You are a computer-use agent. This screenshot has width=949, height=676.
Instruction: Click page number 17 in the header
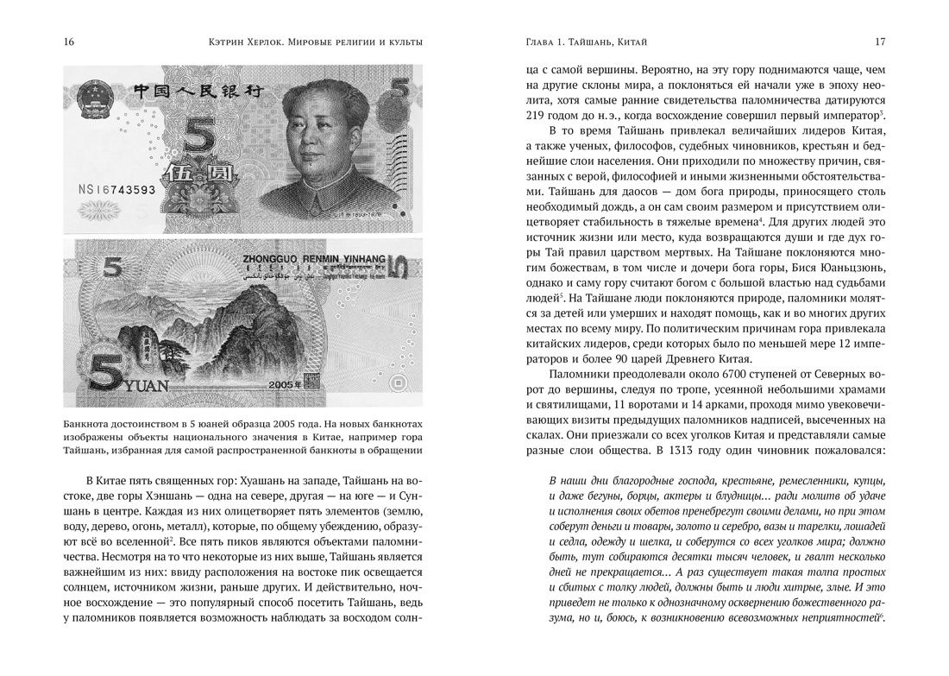(x=879, y=42)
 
